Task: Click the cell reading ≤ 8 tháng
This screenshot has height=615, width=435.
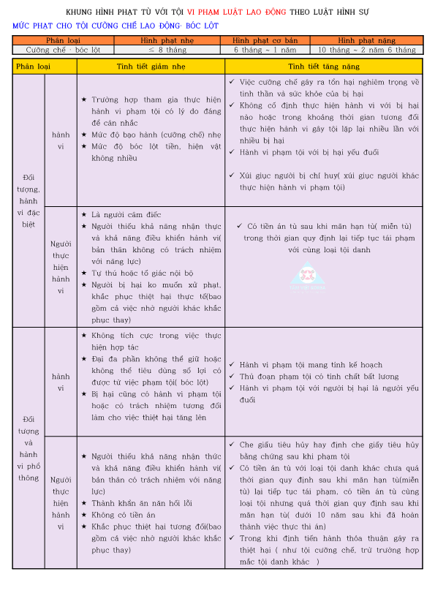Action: click(167, 50)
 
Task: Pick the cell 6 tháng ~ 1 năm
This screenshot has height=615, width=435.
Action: click(265, 50)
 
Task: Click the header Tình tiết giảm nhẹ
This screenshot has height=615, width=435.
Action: click(150, 66)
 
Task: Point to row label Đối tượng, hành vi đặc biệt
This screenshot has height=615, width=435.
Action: click(29, 200)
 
